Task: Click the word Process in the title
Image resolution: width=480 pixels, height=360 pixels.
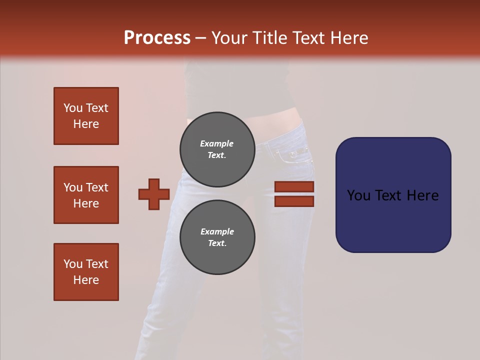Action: [157, 38]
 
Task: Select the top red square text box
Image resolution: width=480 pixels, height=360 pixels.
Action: [86, 116]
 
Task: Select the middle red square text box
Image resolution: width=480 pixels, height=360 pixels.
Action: [86, 195]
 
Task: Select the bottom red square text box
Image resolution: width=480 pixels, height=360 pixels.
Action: [86, 272]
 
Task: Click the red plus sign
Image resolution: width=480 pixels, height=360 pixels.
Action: [154, 194]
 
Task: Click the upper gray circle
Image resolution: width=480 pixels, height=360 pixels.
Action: [217, 149]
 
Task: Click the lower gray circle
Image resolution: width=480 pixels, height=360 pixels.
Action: [217, 237]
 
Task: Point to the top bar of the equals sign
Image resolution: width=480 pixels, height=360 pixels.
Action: [294, 187]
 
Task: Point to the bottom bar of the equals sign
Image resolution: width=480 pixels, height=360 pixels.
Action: [294, 201]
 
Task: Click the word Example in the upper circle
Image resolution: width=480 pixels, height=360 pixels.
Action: [217, 143]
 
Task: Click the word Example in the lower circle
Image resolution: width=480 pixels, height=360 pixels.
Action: [217, 231]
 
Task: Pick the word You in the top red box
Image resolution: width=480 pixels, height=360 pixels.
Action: [73, 108]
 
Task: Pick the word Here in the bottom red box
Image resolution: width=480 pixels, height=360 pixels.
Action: [86, 280]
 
